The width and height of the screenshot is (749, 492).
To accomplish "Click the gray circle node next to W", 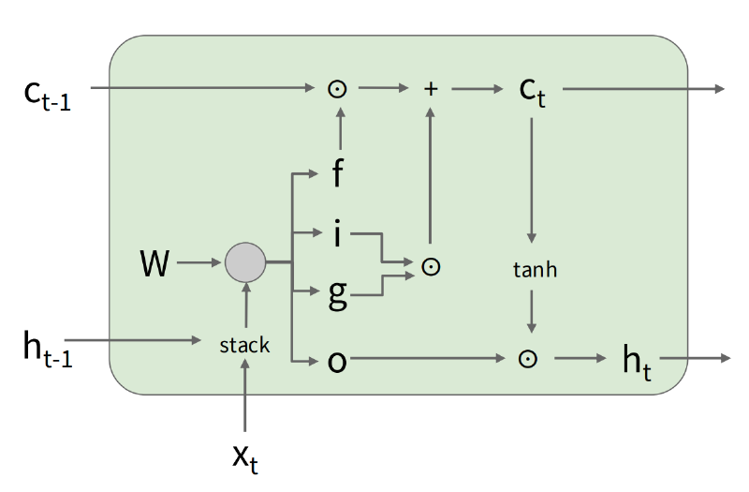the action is tap(245, 262).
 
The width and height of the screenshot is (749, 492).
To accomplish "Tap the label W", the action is tap(154, 263).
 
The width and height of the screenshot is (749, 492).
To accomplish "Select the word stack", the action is tap(244, 345).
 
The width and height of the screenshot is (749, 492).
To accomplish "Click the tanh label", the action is tap(535, 270).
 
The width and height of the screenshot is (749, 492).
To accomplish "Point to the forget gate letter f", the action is tap(337, 172).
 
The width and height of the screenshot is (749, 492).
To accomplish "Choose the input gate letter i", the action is tap(338, 233).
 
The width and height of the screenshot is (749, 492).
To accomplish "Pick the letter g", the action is tap(338, 295).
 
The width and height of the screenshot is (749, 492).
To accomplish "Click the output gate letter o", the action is tap(337, 362).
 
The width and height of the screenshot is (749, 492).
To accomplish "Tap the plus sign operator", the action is tap(431, 89).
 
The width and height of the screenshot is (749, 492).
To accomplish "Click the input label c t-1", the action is tap(48, 96).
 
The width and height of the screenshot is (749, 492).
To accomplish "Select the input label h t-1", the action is tap(48, 350).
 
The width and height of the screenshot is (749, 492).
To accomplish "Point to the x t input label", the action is tap(245, 458).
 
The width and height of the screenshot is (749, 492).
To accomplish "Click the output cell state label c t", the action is tap(532, 92).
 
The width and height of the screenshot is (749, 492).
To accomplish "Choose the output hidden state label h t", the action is tap(637, 363).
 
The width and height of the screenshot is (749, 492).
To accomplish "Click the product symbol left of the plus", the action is tap(337, 89).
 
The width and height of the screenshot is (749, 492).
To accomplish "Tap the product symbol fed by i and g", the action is tap(431, 267).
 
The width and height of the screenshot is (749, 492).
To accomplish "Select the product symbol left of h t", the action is tap(527, 359).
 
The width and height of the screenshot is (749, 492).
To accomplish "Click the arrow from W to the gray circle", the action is tap(198, 262).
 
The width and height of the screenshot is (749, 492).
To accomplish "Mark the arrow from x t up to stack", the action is tap(245, 395).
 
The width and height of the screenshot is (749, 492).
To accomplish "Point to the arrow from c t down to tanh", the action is tap(531, 180).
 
